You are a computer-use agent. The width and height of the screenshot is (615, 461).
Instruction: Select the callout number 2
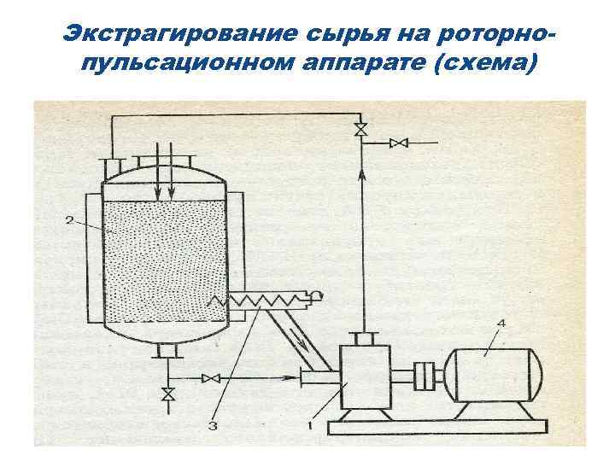click(x=68, y=220)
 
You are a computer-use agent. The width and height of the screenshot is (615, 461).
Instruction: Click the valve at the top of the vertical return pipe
click(x=360, y=131)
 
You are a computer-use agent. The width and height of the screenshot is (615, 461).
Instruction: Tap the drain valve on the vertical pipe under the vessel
click(x=168, y=394)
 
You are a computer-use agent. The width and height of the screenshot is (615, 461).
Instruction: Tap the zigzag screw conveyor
click(x=265, y=299)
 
